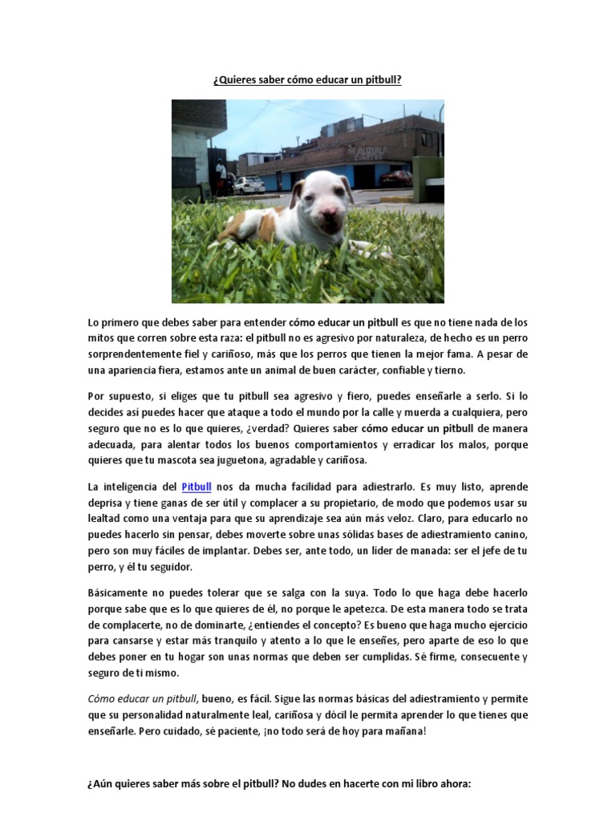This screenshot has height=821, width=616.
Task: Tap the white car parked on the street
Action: pyautogui.click(x=249, y=185)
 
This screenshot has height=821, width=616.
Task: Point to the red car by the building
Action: pyautogui.click(x=397, y=178)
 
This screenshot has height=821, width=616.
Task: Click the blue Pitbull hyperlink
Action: pyautogui.click(x=197, y=486)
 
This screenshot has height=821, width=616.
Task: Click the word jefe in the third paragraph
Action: pyautogui.click(x=488, y=552)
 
